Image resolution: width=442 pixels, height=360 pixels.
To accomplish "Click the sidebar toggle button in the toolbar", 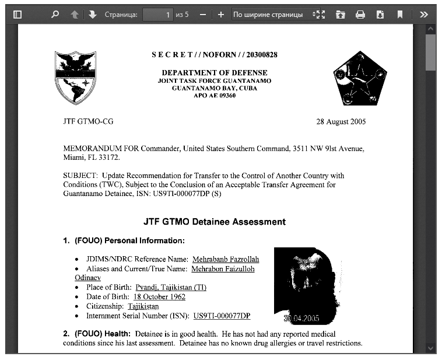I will pyautogui.click(x=17, y=15).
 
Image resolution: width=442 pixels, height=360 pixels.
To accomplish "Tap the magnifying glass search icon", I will pyautogui.click(x=55, y=15).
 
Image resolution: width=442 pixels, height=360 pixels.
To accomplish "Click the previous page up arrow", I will pyautogui.click(x=74, y=15).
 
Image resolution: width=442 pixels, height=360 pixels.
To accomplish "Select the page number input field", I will pyautogui.click(x=158, y=15).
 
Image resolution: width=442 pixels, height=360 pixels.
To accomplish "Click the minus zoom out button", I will pyautogui.click(x=202, y=15).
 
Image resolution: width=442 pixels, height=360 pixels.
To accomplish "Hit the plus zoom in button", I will pyautogui.click(x=220, y=15).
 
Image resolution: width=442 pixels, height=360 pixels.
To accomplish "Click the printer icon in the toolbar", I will pyautogui.click(x=360, y=15).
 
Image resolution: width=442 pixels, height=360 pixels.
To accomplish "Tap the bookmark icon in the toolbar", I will pyautogui.click(x=399, y=15).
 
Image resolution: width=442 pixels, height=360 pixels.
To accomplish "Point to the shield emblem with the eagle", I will pyautogui.click(x=75, y=77).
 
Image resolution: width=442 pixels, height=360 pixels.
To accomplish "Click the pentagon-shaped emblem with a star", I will pyautogui.click(x=360, y=78).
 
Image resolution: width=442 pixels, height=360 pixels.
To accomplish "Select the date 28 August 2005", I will pyautogui.click(x=341, y=122).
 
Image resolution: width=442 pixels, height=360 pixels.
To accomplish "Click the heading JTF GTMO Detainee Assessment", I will pyautogui.click(x=215, y=222).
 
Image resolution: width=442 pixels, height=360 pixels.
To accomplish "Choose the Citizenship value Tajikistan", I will pyautogui.click(x=142, y=306).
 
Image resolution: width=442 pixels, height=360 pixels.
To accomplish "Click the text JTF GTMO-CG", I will pyautogui.click(x=88, y=122).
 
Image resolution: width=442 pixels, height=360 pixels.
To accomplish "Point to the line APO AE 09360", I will pyautogui.click(x=215, y=95).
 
